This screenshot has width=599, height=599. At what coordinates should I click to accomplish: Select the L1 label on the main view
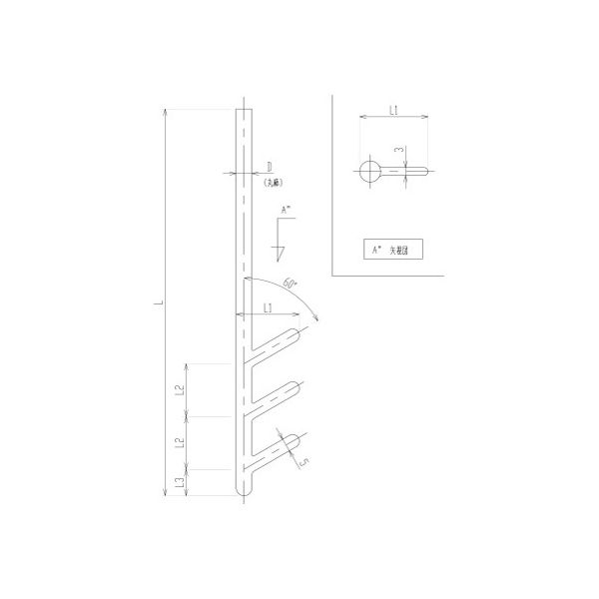coord(270,309)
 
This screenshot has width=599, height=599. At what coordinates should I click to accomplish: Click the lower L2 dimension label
coord(178,442)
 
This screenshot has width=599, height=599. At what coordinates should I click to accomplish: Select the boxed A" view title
coord(392,250)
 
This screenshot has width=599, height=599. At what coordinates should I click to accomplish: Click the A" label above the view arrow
coord(288,211)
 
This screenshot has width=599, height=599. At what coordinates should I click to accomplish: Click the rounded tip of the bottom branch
coord(299,440)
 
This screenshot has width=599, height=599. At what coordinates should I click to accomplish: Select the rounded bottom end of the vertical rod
coord(244,492)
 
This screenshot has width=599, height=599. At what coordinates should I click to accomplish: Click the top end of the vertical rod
coord(244,108)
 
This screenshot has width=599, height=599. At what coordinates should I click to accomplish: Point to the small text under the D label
coord(272,184)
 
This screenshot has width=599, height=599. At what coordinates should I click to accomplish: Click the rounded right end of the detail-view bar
coord(427,172)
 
